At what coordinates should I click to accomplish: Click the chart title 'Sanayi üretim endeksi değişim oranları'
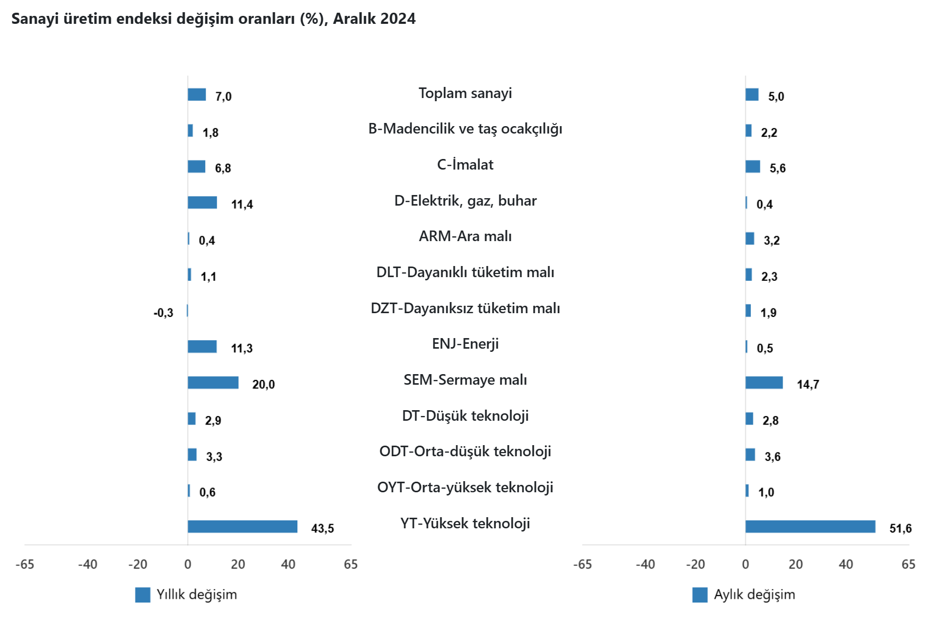[x=213, y=19]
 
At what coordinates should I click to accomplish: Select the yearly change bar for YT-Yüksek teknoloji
[x=242, y=527]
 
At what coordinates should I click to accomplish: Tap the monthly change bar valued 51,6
[x=810, y=527]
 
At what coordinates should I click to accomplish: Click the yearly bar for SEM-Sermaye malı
[x=213, y=383]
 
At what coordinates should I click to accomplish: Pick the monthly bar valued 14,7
[x=764, y=383]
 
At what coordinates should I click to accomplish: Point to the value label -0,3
[x=163, y=313]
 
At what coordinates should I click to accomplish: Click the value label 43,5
[x=322, y=528]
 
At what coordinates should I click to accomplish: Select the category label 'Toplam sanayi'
[x=465, y=93]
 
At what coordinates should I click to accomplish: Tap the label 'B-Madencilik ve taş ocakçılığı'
[x=465, y=129]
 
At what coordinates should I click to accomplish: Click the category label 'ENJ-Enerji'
[x=465, y=344]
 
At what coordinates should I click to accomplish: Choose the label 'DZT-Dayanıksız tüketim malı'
[x=465, y=308]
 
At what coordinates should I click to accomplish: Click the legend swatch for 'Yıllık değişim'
[x=143, y=595]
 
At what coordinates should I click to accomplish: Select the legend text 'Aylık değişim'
[x=754, y=595]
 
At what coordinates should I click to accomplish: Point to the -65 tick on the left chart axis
[x=25, y=564]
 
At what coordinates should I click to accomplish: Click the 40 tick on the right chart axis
[x=846, y=564]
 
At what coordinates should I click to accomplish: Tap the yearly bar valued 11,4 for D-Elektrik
[x=202, y=202]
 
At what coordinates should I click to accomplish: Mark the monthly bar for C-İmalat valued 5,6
[x=752, y=166]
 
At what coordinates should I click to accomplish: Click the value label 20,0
[x=264, y=385]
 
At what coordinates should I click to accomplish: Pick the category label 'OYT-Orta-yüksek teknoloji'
[x=465, y=488]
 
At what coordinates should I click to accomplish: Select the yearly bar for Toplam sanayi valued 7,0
[x=197, y=94]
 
